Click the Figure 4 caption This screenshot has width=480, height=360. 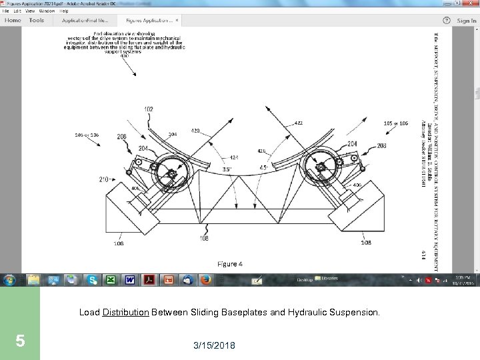pos(230,264)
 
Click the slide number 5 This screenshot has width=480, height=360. pos(20,341)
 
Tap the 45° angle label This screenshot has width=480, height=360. pos(264,167)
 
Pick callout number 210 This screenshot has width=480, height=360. pos(104,179)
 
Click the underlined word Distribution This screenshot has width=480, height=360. pos(126,311)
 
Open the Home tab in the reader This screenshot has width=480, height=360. pos(13,21)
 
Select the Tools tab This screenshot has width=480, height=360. pos(37,21)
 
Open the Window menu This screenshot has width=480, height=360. pos(47,11)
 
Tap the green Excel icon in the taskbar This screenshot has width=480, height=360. pos(111,280)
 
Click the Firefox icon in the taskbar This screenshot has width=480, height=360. pos(205,280)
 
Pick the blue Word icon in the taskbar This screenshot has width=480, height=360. pos(129,280)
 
